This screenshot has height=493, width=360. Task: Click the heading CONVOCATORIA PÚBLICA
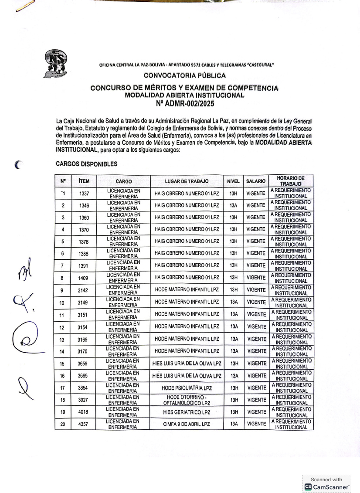pyautogui.click(x=184, y=76)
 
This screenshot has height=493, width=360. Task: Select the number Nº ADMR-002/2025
pyautogui.click(x=184, y=104)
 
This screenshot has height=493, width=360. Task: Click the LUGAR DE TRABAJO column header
pyautogui.click(x=187, y=181)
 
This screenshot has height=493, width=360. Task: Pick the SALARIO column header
pyautogui.click(x=255, y=181)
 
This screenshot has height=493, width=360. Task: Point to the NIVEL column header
pyautogui.click(x=233, y=181)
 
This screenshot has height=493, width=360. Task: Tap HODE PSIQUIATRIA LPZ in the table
pyautogui.click(x=187, y=388)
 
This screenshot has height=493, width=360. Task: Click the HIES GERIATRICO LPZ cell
pyautogui.click(x=187, y=412)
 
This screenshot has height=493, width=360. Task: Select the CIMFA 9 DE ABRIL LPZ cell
pyautogui.click(x=187, y=424)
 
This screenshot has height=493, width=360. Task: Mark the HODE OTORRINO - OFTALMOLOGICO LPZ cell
pyautogui.click(x=187, y=400)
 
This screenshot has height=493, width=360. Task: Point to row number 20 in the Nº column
pyautogui.click(x=63, y=424)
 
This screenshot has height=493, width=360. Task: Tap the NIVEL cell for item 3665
pyautogui.click(x=233, y=376)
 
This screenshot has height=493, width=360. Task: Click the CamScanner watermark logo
pyautogui.click(x=327, y=486)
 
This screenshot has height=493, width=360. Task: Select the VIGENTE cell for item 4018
pyautogui.click(x=255, y=412)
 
